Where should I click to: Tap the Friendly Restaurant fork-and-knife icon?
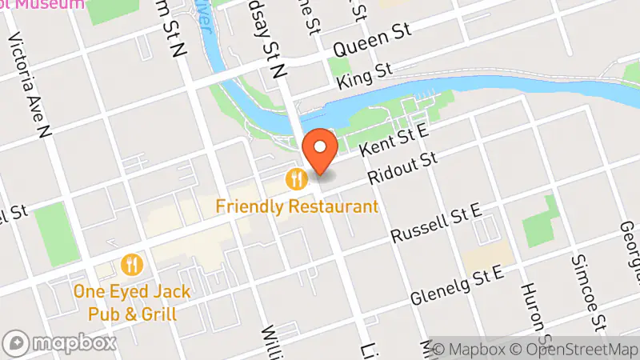pos(298,178)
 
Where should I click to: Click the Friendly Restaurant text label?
pos(296,207)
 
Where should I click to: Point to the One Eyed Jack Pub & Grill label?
pos(132,301)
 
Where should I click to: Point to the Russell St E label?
pos(435,223)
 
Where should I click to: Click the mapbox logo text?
pos(72,343)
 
